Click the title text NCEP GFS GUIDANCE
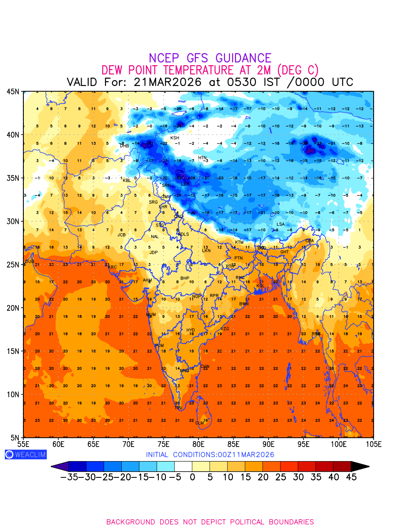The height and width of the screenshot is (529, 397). (210, 58)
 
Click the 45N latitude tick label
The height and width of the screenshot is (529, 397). (13, 92)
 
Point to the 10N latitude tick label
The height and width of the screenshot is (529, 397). (13, 395)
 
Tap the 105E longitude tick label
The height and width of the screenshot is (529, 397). (374, 443)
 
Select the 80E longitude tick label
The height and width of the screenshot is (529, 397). (198, 443)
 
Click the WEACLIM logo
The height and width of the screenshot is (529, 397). (26, 454)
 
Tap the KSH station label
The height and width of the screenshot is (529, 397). (175, 138)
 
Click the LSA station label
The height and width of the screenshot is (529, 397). (281, 224)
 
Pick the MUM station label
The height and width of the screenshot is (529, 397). (151, 315)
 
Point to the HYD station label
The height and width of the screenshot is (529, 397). (191, 330)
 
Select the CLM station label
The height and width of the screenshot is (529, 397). (200, 423)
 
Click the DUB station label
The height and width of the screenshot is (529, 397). (30, 261)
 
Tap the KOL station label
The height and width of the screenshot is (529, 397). (261, 286)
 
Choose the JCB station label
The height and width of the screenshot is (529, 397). (122, 235)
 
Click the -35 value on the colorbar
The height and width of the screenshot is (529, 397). (70, 477)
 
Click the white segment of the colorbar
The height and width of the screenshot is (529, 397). (183, 466)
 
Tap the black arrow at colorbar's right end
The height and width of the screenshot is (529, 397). (360, 466)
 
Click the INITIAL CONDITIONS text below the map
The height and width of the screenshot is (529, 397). (210, 454)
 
